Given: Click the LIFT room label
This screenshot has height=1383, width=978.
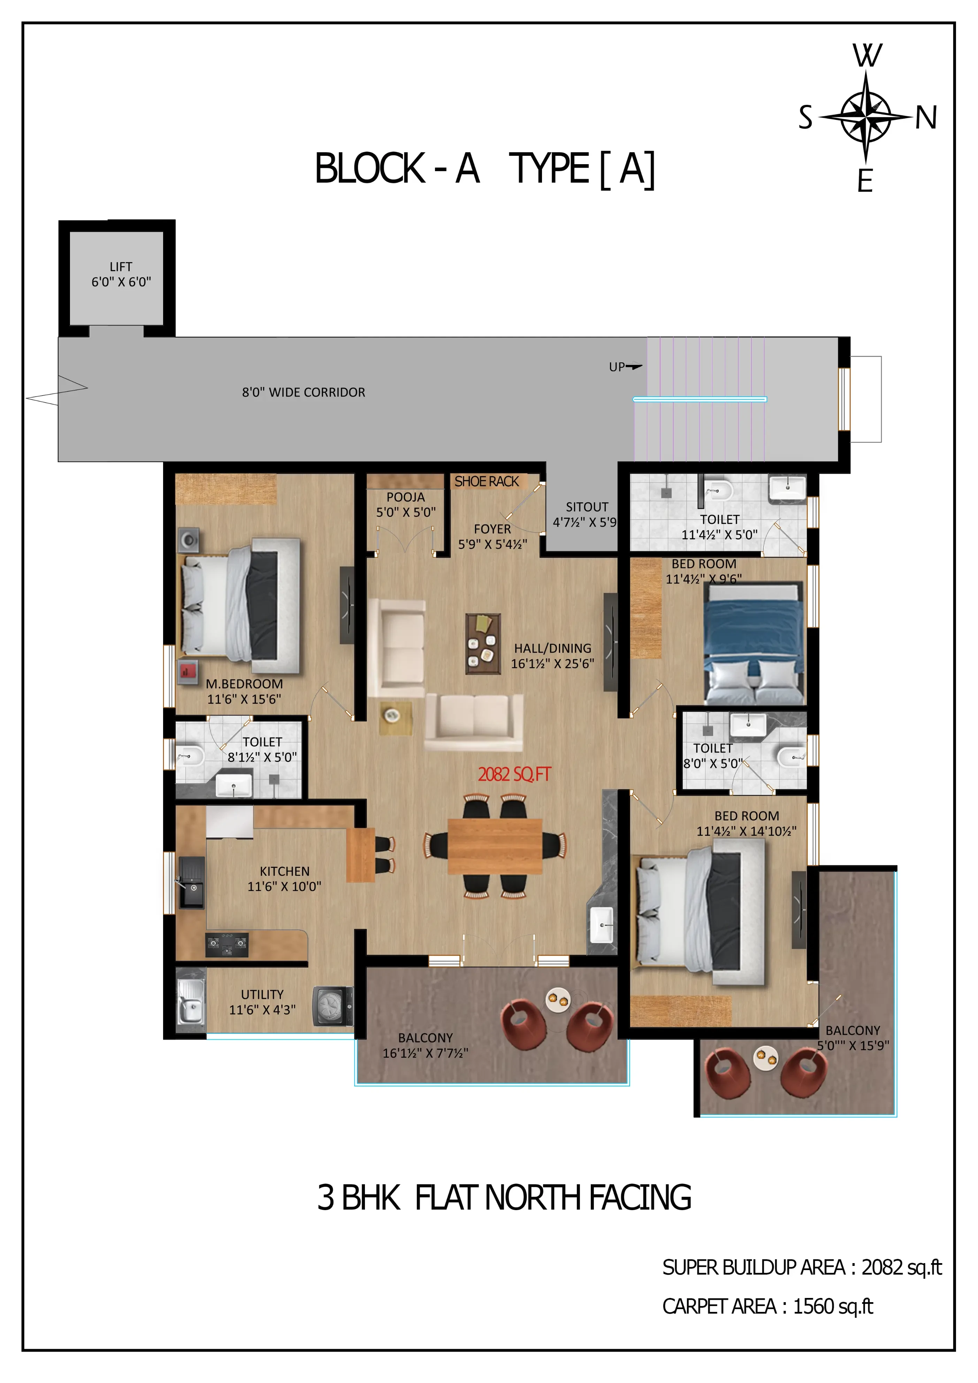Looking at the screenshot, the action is [121, 266].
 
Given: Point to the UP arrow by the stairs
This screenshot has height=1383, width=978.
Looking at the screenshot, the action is [634, 366].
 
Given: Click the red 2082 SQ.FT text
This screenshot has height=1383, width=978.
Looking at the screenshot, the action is [514, 774].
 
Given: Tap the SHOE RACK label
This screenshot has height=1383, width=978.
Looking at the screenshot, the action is [487, 481].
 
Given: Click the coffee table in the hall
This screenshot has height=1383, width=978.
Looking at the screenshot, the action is [483, 643].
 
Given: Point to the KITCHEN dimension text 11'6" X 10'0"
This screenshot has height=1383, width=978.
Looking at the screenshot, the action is [284, 886].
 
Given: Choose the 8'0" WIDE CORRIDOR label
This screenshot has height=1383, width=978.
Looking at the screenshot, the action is [304, 392].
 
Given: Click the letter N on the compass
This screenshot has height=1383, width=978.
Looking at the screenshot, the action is [926, 117].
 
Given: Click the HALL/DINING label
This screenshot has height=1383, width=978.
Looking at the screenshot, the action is [553, 648].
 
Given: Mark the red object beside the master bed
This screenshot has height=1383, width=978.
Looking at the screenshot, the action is [188, 671].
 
